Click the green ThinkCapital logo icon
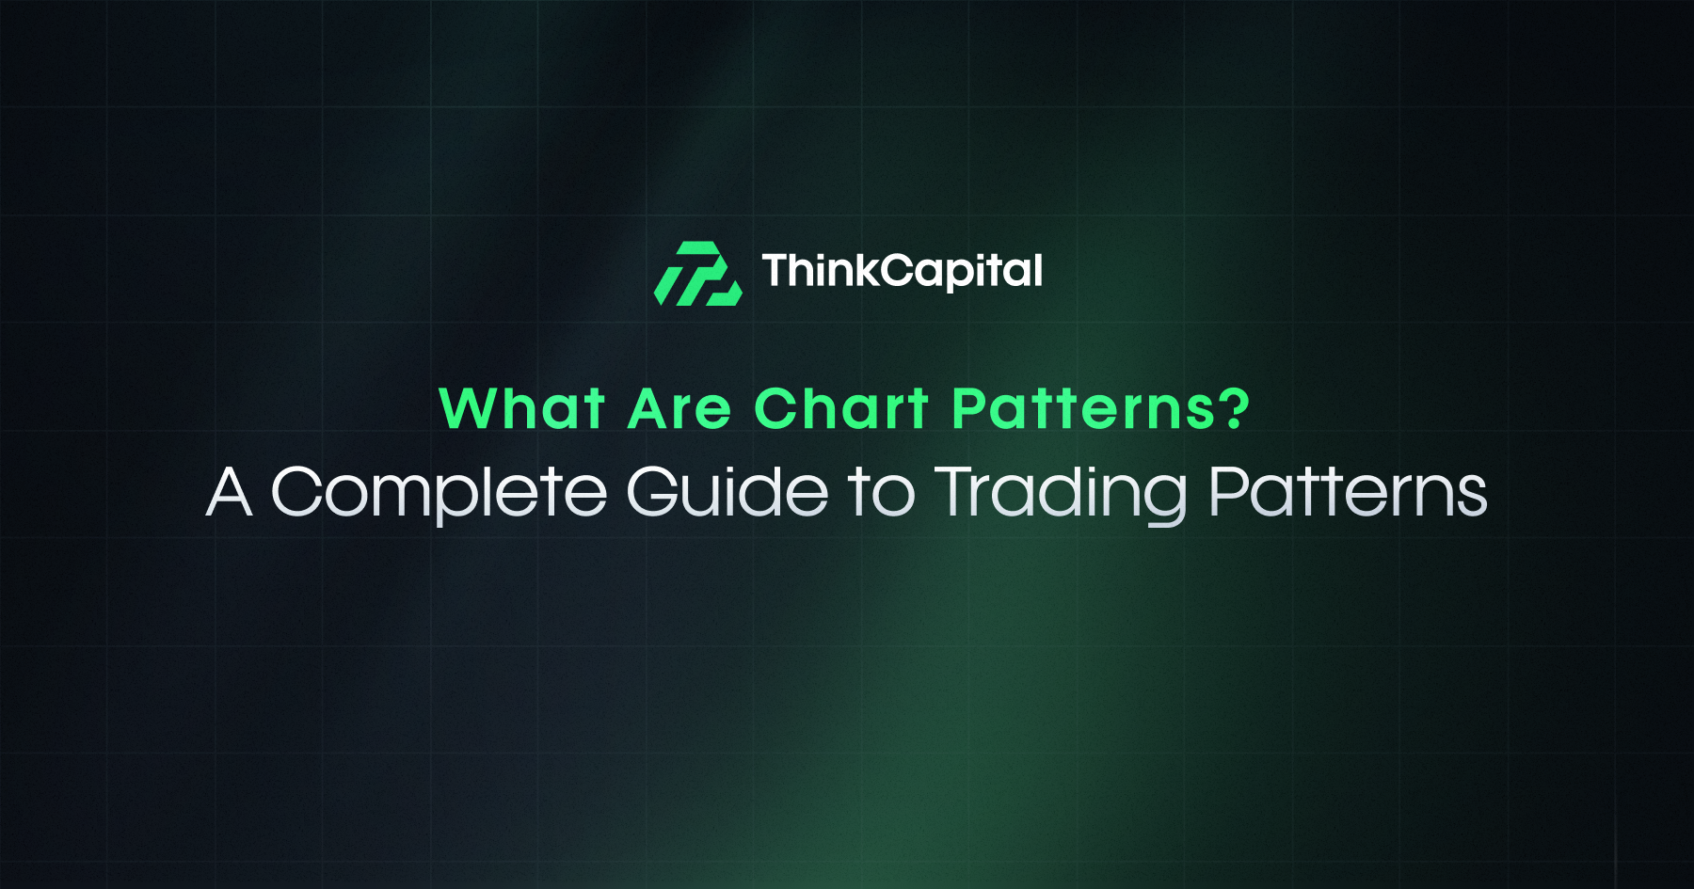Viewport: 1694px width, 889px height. (x=697, y=274)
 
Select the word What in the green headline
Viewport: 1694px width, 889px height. (x=521, y=409)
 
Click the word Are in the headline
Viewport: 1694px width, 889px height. (x=679, y=410)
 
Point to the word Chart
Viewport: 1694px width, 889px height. (x=841, y=409)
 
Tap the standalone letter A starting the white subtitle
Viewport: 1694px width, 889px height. (x=229, y=491)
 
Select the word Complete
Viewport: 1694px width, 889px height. (x=439, y=492)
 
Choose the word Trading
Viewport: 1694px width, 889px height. (x=1062, y=493)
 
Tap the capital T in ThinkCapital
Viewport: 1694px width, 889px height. (x=777, y=271)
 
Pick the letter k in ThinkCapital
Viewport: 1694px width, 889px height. (x=864, y=270)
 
